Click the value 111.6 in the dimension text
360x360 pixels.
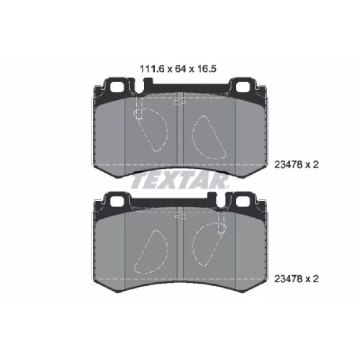[x=152, y=69]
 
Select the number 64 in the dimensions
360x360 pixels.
[x=181, y=69]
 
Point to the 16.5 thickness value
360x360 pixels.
[x=207, y=69]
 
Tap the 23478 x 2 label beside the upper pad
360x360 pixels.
[x=297, y=165]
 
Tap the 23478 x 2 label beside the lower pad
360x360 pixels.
[x=297, y=279]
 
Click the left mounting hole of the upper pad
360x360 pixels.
[x=117, y=87]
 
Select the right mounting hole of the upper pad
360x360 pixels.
[x=243, y=87]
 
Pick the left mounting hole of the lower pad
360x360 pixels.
[x=117, y=201]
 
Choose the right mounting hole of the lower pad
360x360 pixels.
[x=243, y=201]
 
